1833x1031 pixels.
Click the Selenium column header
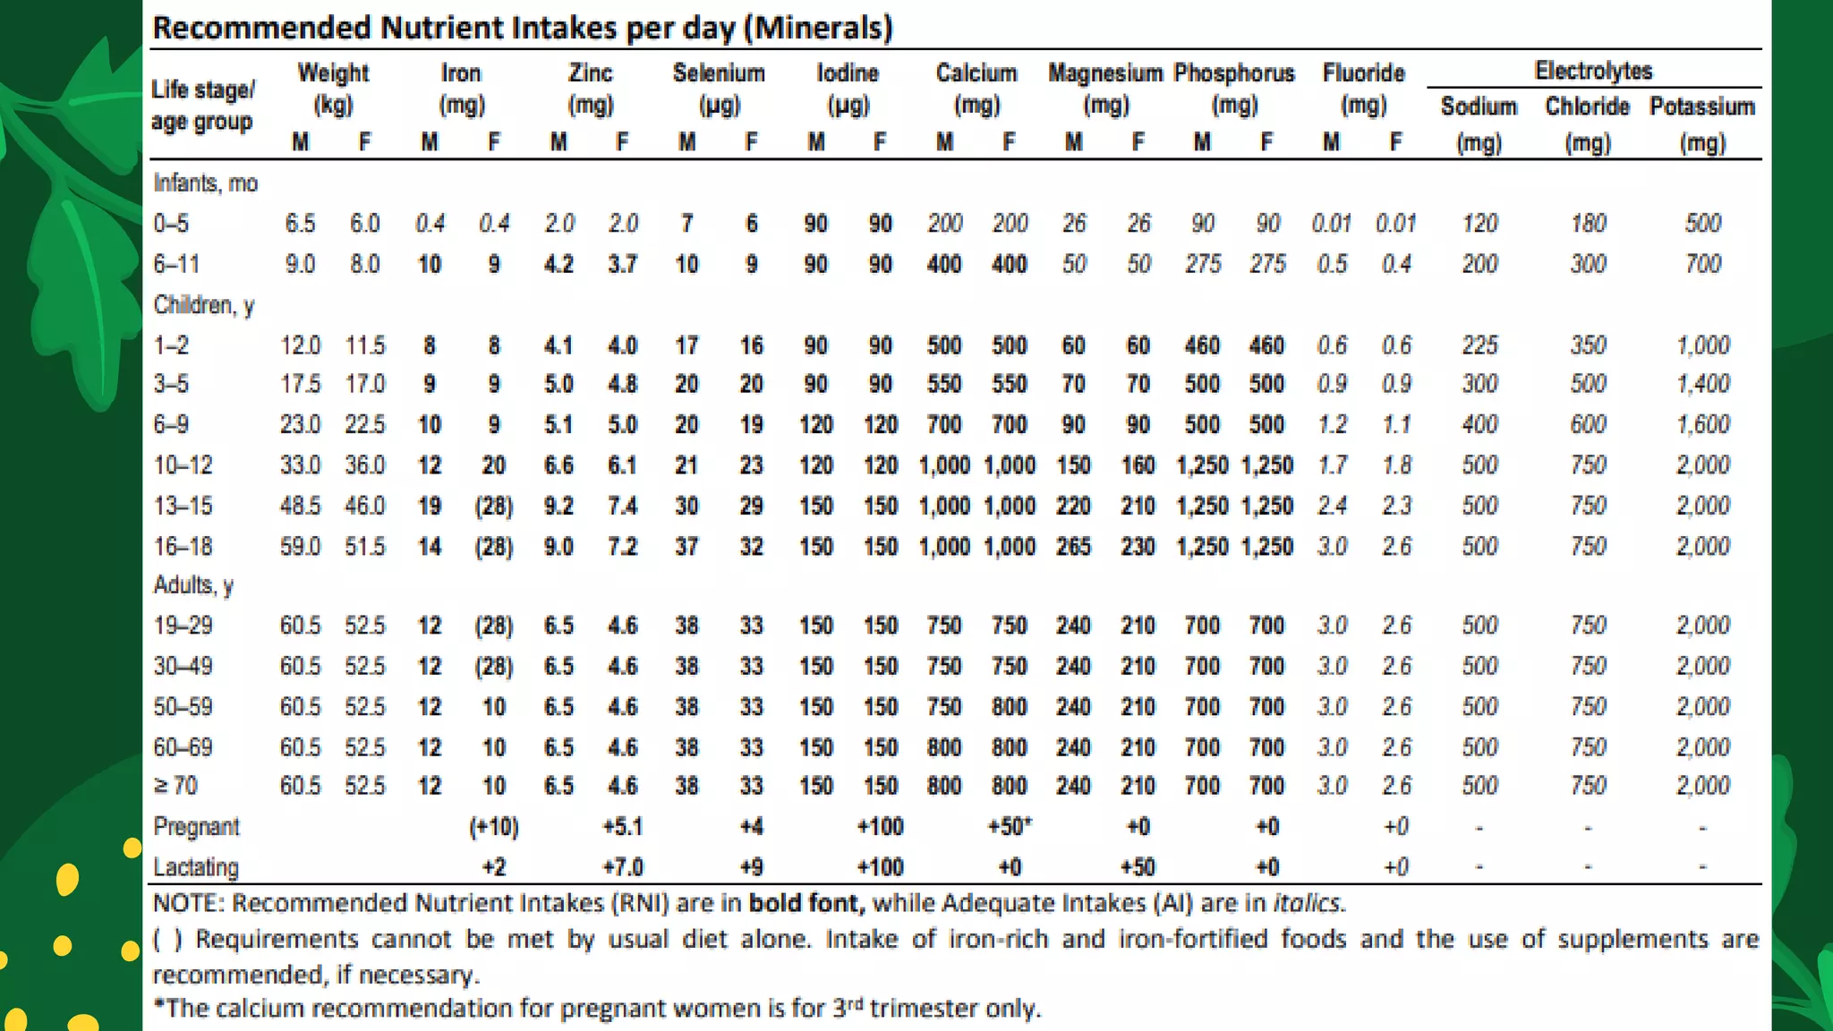[719, 73]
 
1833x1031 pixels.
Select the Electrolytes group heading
[1593, 71]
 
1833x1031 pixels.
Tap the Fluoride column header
[1363, 73]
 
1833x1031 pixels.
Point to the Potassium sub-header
[1701, 107]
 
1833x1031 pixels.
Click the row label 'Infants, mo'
[206, 183]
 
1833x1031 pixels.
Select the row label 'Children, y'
[204, 305]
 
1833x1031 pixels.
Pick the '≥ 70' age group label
[175, 786]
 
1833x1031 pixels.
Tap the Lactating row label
[196, 867]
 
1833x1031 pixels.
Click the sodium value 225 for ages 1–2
[1479, 345]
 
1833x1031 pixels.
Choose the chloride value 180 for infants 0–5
[1588, 223]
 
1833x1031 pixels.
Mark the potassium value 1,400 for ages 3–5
[1702, 384]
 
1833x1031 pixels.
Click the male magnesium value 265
[1073, 546]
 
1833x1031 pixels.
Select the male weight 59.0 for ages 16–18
[300, 546]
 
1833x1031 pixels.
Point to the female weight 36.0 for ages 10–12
[365, 465]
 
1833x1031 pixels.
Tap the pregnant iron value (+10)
[494, 826]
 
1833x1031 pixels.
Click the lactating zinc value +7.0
[623, 867]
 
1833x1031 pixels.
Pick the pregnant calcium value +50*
[1010, 826]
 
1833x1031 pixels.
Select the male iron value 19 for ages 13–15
[430, 506]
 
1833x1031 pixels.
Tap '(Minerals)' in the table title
[822, 28]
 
